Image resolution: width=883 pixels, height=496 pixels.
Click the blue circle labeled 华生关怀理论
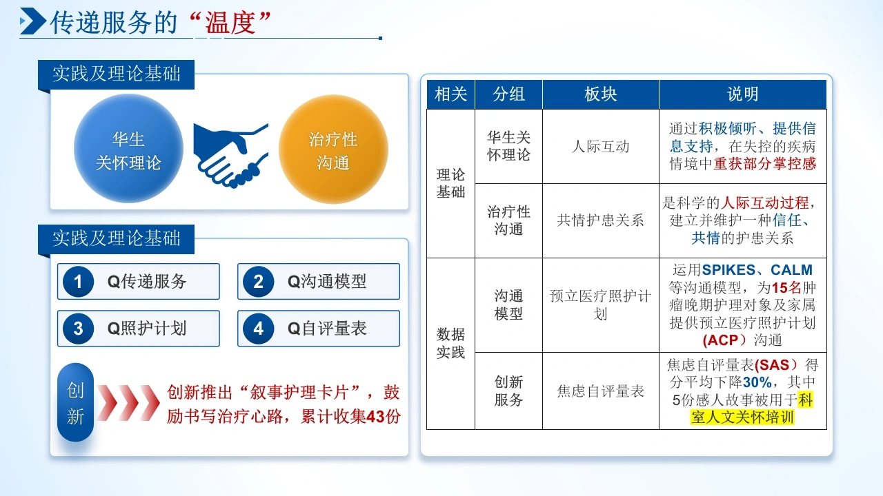(x=128, y=148)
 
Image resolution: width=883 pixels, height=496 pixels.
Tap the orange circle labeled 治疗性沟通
(x=333, y=149)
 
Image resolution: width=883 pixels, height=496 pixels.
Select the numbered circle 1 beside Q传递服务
(x=78, y=282)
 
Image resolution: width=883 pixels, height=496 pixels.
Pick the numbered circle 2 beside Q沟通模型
(x=258, y=282)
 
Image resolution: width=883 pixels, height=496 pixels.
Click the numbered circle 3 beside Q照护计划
(x=78, y=329)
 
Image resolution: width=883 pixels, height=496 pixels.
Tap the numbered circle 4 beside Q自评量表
(x=258, y=329)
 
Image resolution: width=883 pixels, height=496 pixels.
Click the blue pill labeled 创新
(x=75, y=402)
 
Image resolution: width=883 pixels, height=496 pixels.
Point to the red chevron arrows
(x=128, y=403)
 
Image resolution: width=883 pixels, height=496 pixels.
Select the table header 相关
(x=450, y=94)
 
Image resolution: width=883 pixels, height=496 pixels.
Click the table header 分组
(x=508, y=94)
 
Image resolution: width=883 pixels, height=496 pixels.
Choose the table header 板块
(x=600, y=94)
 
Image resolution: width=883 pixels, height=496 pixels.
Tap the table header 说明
(x=743, y=94)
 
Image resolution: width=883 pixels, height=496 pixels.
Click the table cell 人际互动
(x=600, y=147)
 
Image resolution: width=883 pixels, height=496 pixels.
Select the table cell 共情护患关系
(x=600, y=220)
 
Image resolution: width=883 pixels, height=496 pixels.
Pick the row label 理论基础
(x=450, y=183)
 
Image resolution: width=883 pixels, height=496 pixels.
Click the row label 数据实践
(x=450, y=343)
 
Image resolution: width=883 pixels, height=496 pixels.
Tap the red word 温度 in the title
(x=230, y=23)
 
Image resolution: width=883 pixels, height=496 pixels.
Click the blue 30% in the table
(x=757, y=382)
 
